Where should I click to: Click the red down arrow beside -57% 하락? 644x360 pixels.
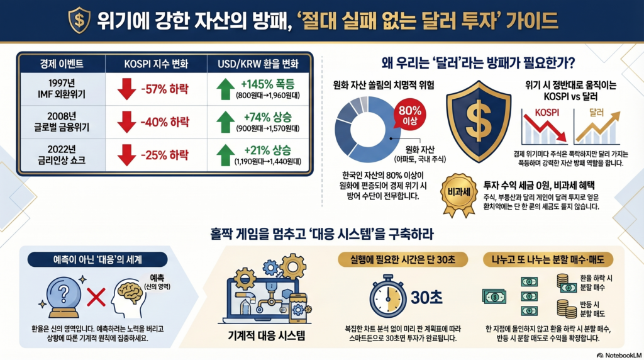127,87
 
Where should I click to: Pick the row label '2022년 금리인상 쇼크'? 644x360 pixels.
62,155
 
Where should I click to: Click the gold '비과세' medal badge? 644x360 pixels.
460,193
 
